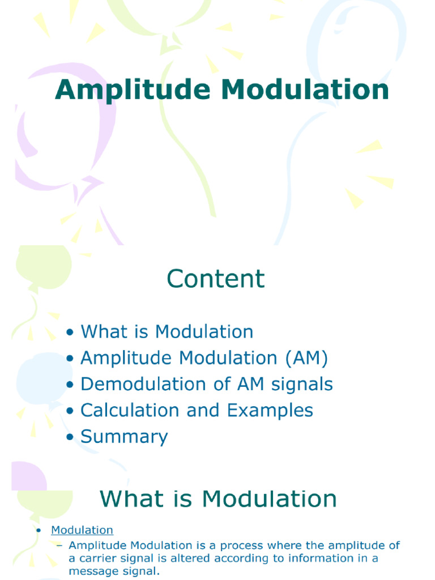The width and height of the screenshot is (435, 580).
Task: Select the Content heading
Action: pyautogui.click(x=215, y=279)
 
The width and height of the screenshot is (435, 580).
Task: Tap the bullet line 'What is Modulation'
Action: pyautogui.click(x=167, y=332)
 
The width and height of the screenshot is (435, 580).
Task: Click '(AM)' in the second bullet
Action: pyautogui.click(x=306, y=359)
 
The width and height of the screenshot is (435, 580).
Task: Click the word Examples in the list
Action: pyautogui.click(x=270, y=411)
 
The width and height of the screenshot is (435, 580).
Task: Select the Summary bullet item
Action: pyautogui.click(x=124, y=437)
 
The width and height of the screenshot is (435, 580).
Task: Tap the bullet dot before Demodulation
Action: pyautogui.click(x=70, y=385)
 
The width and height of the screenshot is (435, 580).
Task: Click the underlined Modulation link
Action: pyautogui.click(x=82, y=531)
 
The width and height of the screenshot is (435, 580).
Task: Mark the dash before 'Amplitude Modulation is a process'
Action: pyautogui.click(x=60, y=546)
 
